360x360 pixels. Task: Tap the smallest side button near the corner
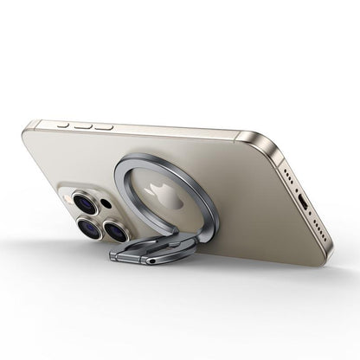pyautogui.click(x=63, y=123)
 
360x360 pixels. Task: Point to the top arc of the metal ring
pyautogui.click(x=164, y=158)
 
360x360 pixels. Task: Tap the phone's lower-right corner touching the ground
pyautogui.click(x=327, y=257)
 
